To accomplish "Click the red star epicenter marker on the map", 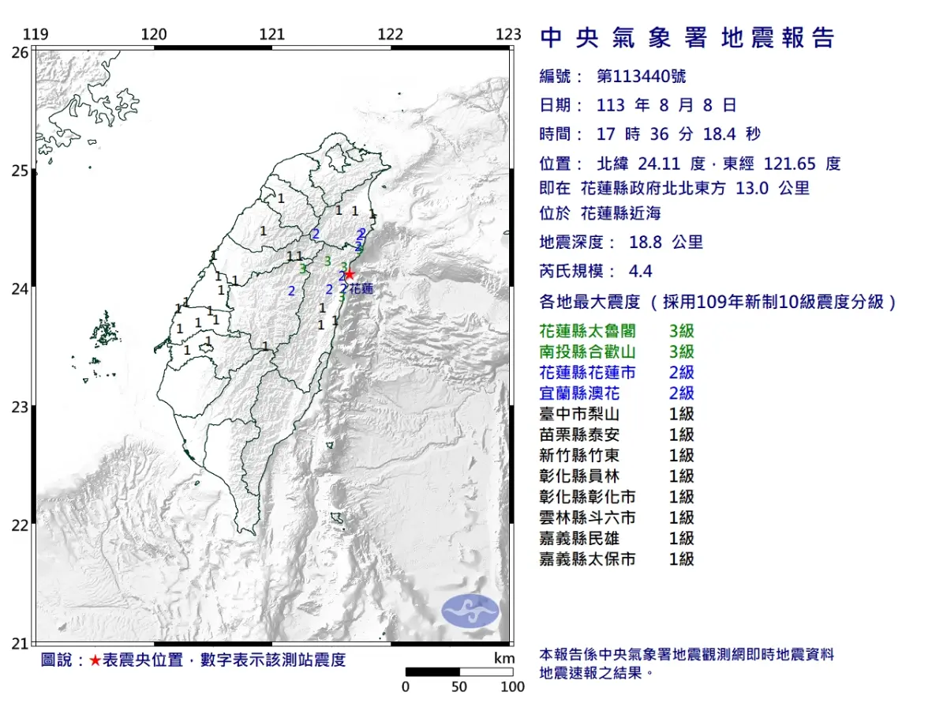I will (350, 275).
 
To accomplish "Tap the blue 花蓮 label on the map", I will (361, 289).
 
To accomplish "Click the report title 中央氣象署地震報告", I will (687, 38).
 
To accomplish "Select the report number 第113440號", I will (641, 76).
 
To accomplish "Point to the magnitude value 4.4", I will (641, 271).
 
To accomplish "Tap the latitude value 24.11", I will (663, 164).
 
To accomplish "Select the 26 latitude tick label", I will (20, 52).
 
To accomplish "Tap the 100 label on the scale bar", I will (512, 687).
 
